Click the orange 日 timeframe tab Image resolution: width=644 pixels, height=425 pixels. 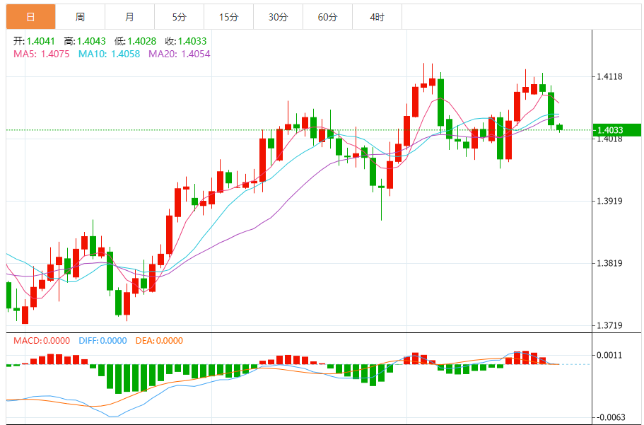[30, 16]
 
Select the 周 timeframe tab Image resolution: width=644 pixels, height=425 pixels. [80, 16]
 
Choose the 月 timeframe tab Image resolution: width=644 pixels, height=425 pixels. [129, 16]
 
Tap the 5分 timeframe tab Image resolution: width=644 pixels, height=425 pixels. [179, 16]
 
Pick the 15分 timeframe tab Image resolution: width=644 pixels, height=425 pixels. [228, 16]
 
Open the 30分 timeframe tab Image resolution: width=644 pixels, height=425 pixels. [278, 16]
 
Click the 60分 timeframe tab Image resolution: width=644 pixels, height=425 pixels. [327, 16]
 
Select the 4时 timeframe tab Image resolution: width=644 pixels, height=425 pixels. [377, 16]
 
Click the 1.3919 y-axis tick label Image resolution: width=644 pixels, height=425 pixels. [609, 202]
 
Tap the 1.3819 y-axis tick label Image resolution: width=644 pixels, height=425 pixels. [609, 264]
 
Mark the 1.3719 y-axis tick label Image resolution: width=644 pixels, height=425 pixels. [609, 326]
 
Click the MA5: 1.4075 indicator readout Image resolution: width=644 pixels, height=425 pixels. [41, 54]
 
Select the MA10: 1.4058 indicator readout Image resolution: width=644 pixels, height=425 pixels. [109, 54]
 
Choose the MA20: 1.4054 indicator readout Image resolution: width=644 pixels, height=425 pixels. [179, 54]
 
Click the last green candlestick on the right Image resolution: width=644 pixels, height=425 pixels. [560, 127]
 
